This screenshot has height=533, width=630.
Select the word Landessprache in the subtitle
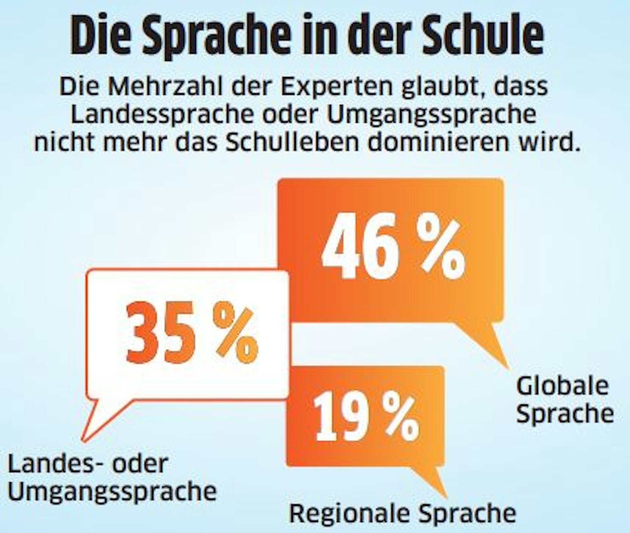coord(162,115)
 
